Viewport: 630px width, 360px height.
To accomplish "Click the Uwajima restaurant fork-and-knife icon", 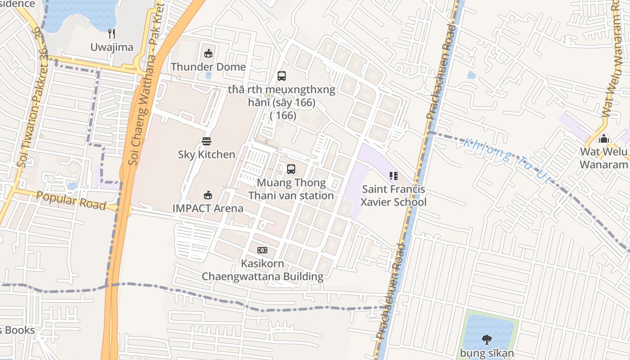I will [112, 34].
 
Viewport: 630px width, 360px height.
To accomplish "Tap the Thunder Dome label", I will [208, 67].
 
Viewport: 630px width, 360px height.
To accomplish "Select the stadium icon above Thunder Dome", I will [208, 54].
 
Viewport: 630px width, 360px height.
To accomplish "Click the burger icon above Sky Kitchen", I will [207, 141].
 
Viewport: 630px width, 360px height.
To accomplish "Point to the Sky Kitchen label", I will [207, 154].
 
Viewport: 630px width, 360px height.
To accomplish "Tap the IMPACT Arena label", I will [208, 208].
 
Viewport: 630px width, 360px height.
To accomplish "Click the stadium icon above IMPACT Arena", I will [208, 195].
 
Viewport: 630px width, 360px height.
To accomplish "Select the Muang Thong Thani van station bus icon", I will [291, 169].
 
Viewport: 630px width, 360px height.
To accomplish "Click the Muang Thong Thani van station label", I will [291, 189].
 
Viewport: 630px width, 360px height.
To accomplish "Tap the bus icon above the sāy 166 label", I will [282, 76].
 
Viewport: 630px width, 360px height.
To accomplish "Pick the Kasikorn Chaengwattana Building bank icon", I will [262, 250].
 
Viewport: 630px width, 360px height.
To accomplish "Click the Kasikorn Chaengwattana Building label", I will [262, 270].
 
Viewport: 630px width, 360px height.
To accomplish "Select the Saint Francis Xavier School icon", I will [394, 176].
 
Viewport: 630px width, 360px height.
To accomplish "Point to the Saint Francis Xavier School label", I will [394, 196].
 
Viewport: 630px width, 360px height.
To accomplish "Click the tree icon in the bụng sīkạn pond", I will [486, 339].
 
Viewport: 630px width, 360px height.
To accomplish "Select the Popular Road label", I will [71, 201].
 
